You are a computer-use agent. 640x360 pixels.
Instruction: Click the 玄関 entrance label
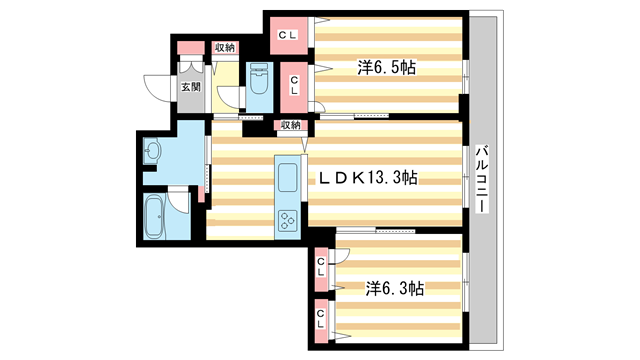pos(190,86)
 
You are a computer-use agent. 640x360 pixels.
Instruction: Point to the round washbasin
pos(151,153)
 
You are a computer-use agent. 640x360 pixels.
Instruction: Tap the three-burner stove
pos(288,221)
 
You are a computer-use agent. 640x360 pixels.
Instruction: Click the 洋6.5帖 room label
pos(388,68)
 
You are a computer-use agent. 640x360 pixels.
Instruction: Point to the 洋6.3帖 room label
pos(394,288)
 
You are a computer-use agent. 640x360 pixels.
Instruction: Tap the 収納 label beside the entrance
pos(224,47)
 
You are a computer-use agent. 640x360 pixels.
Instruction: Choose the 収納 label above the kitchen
pos(289,125)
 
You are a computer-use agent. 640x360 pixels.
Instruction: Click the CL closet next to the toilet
pos(296,84)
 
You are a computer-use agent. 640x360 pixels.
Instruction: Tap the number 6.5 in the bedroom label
pos(391,68)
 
